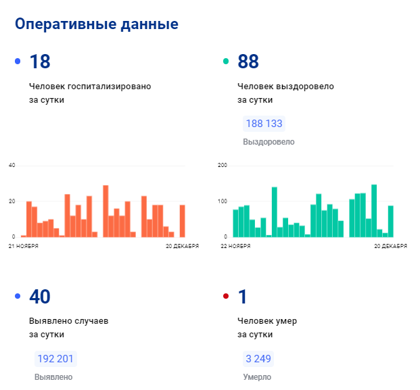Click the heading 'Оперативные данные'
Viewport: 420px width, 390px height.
coord(97,24)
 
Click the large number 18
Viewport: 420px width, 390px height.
coord(40,62)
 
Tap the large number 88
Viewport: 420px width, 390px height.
coord(248,62)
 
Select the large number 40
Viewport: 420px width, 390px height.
coord(40,297)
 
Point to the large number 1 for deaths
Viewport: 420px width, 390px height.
coord(243,297)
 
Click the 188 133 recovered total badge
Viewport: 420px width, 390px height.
coord(264,124)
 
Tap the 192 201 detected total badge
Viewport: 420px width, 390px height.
coord(55,359)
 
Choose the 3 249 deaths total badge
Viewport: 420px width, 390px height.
coord(258,359)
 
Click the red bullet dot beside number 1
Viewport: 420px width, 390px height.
coord(226,297)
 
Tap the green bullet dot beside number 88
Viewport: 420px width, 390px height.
coord(226,62)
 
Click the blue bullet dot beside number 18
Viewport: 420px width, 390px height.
coord(18,62)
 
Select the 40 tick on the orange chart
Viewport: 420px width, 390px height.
coord(11,166)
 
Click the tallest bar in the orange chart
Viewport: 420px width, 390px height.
coord(106,211)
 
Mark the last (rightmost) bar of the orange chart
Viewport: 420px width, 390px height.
coord(182,221)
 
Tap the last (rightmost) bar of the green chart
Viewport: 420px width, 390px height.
coord(390,221)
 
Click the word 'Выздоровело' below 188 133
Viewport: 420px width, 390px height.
coord(269,143)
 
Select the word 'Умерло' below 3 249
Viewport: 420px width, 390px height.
coord(257,377)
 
